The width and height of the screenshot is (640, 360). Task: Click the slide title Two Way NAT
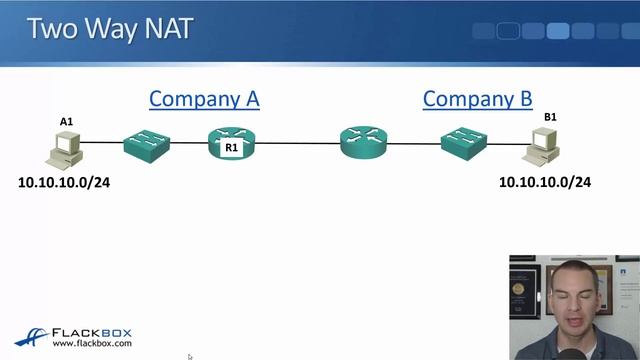tap(110, 28)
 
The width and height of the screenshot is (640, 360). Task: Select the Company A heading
tap(204, 98)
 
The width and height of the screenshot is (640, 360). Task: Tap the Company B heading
tap(477, 98)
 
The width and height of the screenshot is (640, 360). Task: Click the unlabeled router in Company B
tap(361, 143)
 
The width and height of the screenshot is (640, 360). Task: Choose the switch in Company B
tap(465, 144)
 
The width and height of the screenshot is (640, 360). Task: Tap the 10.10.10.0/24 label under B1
tap(545, 182)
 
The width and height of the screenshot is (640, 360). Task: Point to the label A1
tap(66, 121)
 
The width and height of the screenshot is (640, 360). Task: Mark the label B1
tap(550, 118)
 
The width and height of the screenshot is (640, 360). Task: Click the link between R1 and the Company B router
tap(295, 144)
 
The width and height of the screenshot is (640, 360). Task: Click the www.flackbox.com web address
tap(92, 345)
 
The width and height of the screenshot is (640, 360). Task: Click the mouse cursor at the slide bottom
tap(189, 355)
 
